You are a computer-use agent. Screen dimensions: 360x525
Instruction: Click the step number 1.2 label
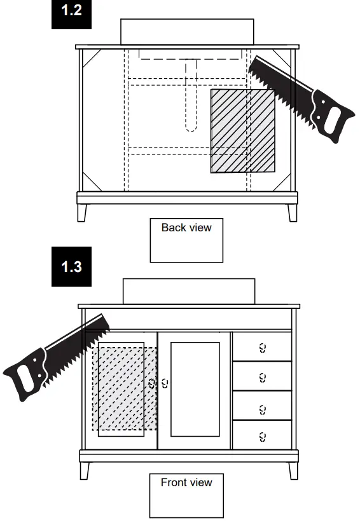click(x=72, y=10)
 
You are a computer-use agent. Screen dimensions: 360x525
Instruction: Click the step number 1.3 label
click(x=72, y=266)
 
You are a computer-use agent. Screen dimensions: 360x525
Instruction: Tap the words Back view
click(x=186, y=228)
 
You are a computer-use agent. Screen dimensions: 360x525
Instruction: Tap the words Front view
click(x=186, y=482)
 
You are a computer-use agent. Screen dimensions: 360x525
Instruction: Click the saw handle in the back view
click(x=330, y=116)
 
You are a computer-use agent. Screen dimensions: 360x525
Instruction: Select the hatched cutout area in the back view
click(x=243, y=131)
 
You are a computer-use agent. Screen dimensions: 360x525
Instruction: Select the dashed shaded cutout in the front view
click(x=125, y=388)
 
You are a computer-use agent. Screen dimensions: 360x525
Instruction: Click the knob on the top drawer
click(x=263, y=348)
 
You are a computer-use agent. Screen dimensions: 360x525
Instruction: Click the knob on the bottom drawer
click(x=263, y=437)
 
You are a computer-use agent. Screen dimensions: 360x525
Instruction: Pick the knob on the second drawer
click(x=263, y=378)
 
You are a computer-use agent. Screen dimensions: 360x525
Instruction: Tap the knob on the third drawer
click(x=263, y=409)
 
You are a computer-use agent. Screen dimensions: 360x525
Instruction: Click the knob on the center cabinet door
click(x=165, y=383)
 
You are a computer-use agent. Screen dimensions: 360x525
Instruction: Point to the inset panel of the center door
click(x=195, y=389)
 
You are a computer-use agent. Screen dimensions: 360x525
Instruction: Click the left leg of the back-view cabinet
click(x=82, y=213)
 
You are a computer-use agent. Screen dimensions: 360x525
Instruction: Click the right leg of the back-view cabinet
click(x=293, y=213)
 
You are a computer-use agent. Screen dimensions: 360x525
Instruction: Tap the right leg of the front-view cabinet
click(x=293, y=471)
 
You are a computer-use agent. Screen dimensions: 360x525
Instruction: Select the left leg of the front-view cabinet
click(x=85, y=471)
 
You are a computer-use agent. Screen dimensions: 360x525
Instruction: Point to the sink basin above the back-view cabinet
click(x=187, y=32)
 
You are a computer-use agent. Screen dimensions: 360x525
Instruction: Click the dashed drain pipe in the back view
click(x=191, y=95)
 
